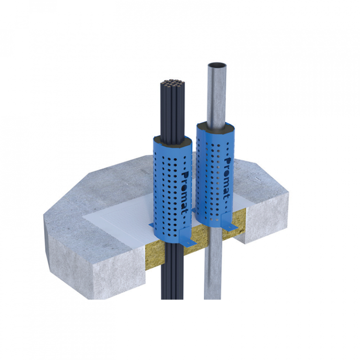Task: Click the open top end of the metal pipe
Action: pos(217,65)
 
